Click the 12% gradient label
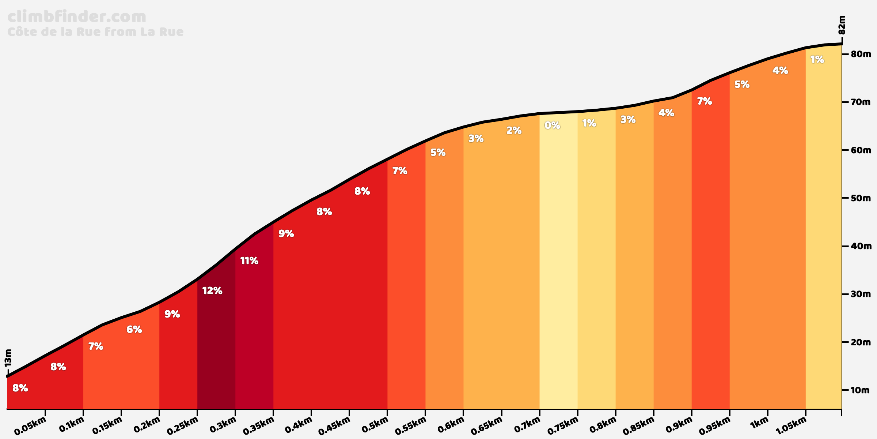coord(212,291)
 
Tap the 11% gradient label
coord(249,261)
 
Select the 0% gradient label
coord(552,125)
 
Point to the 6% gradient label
coord(134,330)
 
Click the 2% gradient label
coord(514,131)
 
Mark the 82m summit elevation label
coord(842,25)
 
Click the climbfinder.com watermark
coord(77,17)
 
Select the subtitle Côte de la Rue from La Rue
coord(95,32)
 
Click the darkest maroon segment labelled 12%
coord(216,348)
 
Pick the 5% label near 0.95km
coord(742,85)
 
